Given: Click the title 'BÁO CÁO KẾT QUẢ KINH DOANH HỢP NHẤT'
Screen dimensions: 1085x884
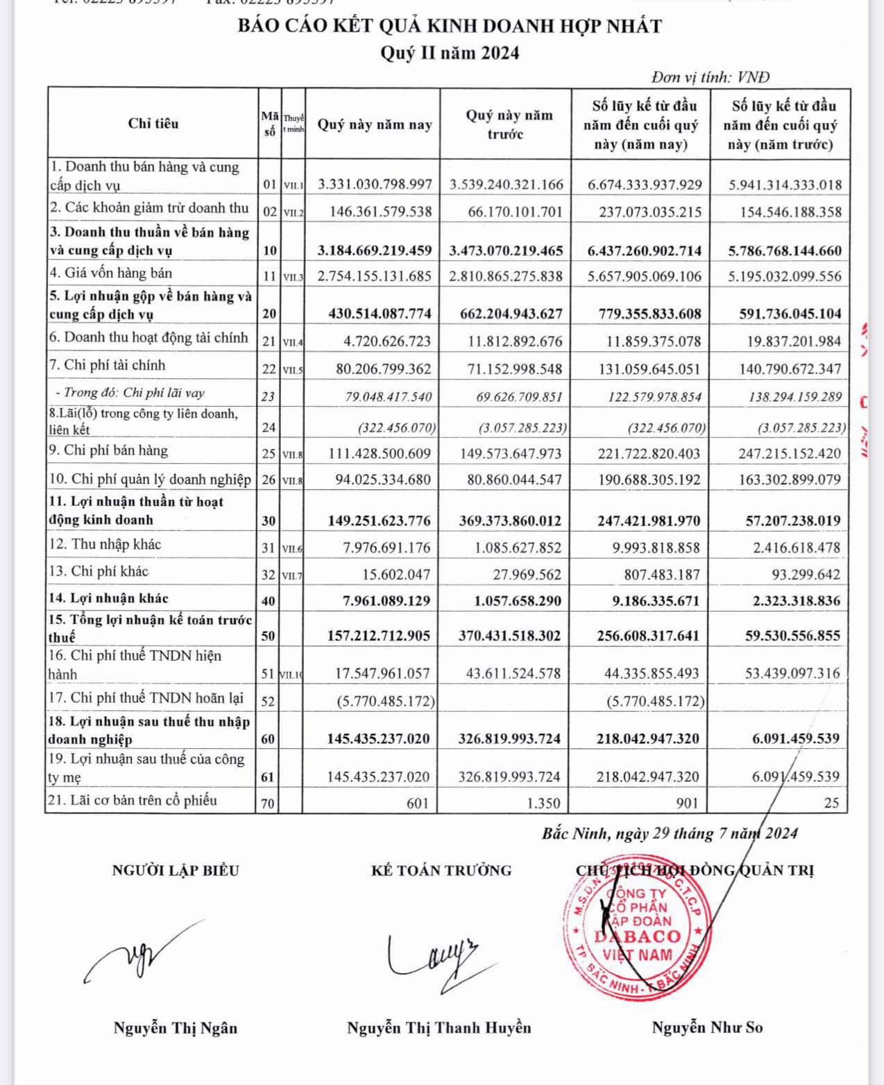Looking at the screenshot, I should click(450, 26).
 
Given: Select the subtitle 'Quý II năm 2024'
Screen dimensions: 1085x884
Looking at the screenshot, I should click(450, 53).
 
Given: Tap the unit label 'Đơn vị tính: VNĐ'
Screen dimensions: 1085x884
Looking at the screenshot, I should click(710, 77).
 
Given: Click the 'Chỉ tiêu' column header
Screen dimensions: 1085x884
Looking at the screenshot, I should click(153, 124).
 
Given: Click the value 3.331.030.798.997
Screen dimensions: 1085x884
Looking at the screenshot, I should click(375, 185).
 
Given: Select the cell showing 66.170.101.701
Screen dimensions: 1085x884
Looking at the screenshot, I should click(515, 212).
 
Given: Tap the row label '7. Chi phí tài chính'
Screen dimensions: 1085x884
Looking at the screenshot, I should click(108, 365).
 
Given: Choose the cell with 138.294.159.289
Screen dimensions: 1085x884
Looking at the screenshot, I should click(790, 397).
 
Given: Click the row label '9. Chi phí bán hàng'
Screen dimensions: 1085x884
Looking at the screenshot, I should click(108, 451).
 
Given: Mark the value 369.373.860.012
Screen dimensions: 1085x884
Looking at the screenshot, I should click(510, 521).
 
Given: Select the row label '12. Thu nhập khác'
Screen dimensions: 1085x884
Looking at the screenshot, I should click(105, 545).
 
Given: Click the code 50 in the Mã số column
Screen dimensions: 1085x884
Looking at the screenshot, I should click(269, 636).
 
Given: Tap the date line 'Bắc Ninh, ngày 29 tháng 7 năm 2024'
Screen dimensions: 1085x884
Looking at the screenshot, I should click(670, 834).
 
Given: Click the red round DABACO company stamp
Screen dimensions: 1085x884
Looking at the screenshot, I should click(637, 934).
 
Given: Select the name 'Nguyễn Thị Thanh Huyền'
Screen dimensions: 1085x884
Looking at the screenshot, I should click(439, 1028).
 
